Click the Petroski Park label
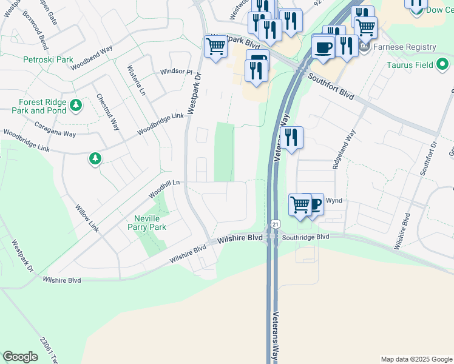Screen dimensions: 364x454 [48, 60]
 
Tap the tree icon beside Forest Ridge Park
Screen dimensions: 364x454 [76, 106]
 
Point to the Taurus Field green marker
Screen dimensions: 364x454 [443, 63]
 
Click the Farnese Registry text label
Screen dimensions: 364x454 [408, 47]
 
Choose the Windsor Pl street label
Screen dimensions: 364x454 [175, 72]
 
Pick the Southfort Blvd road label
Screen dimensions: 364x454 [330, 86]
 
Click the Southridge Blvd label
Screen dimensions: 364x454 [305, 237]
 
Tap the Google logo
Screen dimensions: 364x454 [20, 357]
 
